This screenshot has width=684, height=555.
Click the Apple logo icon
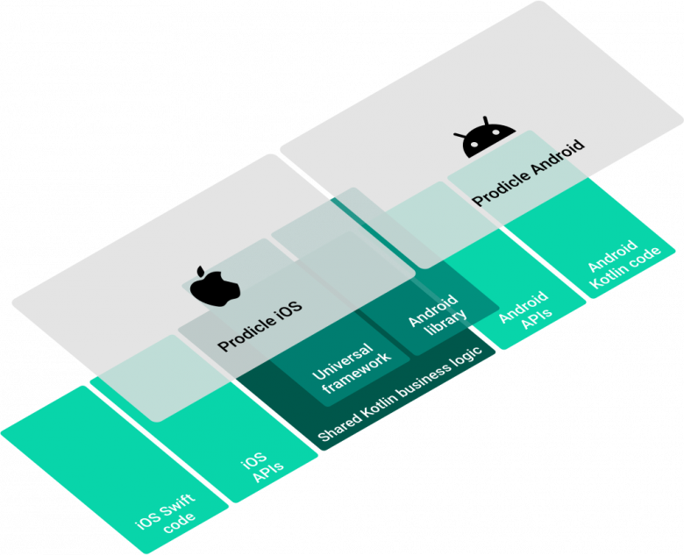pos(214,286)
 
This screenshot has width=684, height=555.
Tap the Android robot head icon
pos(484,142)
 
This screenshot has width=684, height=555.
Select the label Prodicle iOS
pos(260,325)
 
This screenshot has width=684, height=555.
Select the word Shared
pos(334,426)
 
